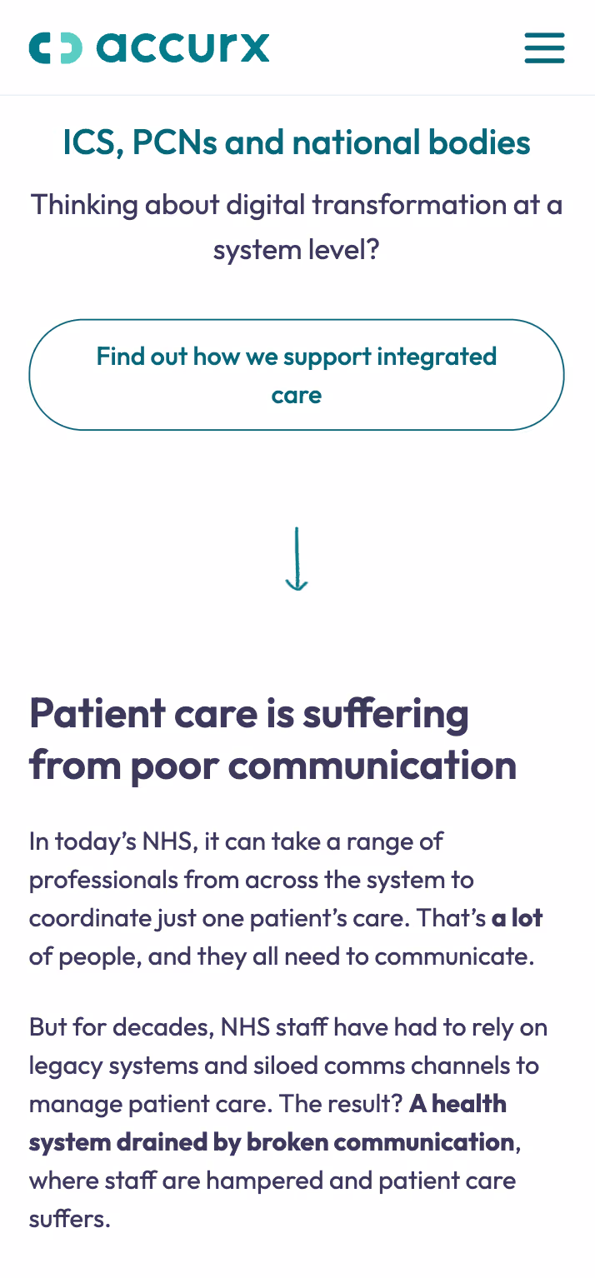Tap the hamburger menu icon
tap(544, 47)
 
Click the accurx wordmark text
tap(183, 47)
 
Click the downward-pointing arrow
tap(297, 559)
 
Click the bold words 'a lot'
tap(517, 918)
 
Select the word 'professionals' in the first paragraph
tap(102, 880)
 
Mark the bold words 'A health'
tap(458, 1104)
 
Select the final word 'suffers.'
tap(69, 1220)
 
